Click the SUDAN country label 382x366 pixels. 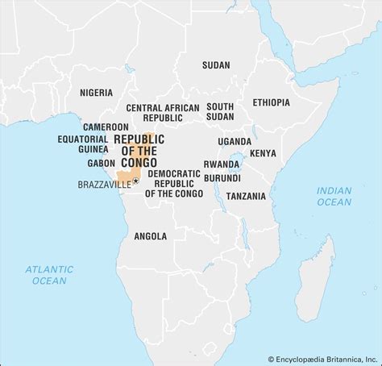point(216,64)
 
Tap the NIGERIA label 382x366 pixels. point(96,93)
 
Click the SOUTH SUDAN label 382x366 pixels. point(220,111)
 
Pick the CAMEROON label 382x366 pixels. point(106,127)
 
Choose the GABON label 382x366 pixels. point(102,162)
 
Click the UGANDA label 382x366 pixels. point(234,141)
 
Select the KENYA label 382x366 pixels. point(263,153)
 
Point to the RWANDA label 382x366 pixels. point(222,164)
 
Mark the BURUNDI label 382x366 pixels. point(222,177)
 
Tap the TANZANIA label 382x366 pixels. point(245,196)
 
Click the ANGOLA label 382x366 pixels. point(151,236)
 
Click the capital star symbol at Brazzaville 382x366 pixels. point(135,181)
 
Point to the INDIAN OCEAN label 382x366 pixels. point(334,196)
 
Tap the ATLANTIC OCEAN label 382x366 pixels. point(49,274)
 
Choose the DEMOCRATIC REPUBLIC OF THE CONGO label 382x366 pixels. point(175,183)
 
